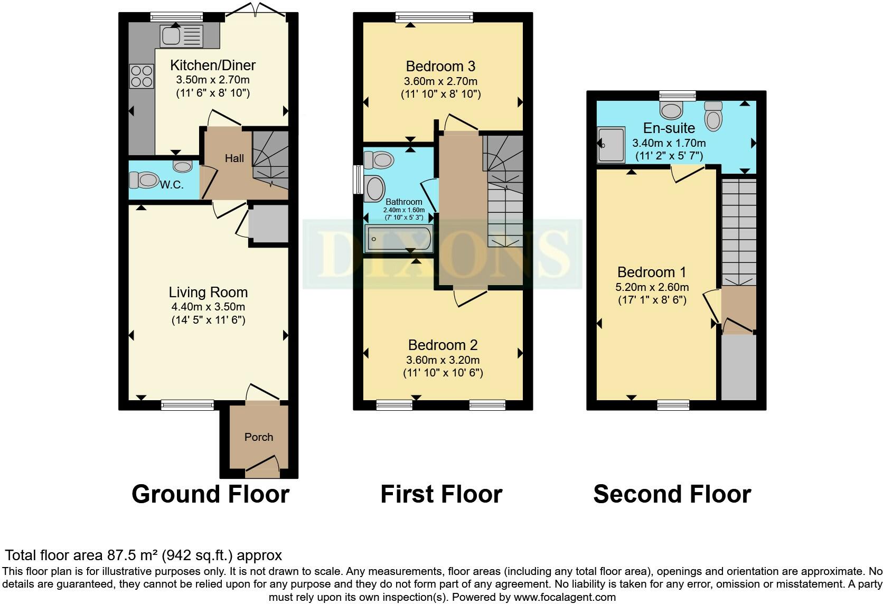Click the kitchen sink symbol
(182, 36)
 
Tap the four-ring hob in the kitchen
(142, 76)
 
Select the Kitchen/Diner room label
(213, 65)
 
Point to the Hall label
(234, 158)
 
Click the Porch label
(259, 437)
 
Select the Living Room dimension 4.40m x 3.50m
(208, 307)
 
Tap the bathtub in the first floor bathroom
(399, 239)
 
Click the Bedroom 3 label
(441, 66)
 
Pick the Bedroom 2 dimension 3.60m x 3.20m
(443, 360)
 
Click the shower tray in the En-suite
(611, 145)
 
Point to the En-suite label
(669, 128)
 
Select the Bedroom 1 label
(652, 272)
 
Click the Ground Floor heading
(211, 494)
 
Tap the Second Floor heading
(672, 494)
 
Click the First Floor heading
(441, 494)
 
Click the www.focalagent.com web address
(565, 597)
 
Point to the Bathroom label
(403, 202)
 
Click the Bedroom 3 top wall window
(434, 17)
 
